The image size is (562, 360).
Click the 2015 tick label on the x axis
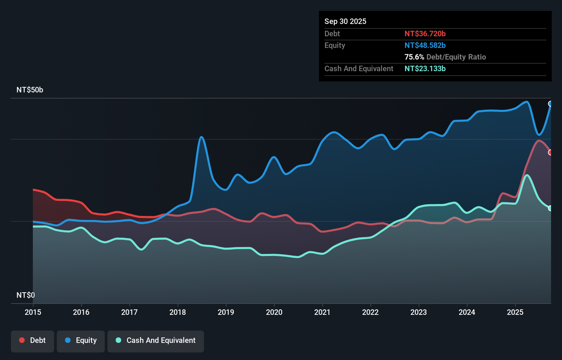pos(33,312)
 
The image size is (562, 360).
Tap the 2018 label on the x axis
pos(178,312)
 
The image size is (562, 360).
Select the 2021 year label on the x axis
pos(322,312)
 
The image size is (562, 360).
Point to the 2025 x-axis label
pos(515,312)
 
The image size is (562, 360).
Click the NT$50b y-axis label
pos(30,90)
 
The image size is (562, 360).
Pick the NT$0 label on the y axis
pos(26,295)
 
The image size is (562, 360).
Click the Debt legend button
pos(33,340)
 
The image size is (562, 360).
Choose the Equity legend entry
pos(81,340)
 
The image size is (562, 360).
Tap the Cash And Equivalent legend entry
pos(156,340)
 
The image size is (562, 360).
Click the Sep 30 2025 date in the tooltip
pos(345,21)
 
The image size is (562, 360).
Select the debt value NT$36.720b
pos(425,34)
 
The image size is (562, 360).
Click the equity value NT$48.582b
pos(425,45)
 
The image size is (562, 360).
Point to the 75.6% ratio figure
pos(414,57)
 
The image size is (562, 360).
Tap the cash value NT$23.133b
pos(425,68)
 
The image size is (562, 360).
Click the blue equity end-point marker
pos(550,104)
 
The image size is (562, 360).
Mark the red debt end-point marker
pos(550,152)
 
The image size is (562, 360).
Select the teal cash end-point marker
pos(550,208)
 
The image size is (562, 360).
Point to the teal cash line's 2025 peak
pos(527,175)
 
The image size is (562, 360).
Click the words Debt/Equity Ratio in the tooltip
pos(456,57)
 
